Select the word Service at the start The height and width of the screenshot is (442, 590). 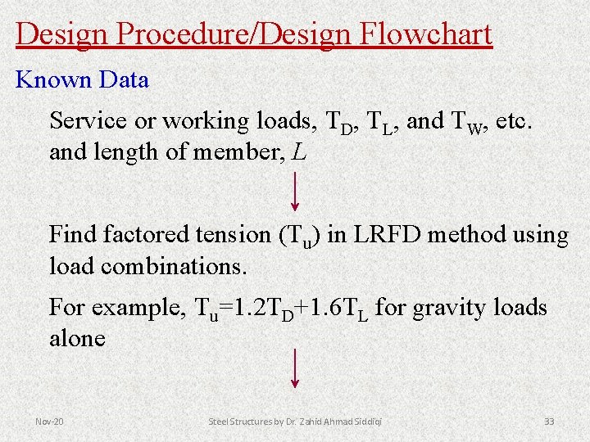(x=88, y=121)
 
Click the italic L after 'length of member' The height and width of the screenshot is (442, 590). (x=300, y=152)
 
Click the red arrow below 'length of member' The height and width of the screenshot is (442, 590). (x=295, y=192)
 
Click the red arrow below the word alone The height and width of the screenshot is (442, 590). (x=295, y=368)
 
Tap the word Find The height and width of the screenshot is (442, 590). (x=73, y=236)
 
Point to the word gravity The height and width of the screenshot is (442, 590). (x=448, y=308)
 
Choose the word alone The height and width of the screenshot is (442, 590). (x=77, y=339)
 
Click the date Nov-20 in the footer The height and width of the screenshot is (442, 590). (x=49, y=422)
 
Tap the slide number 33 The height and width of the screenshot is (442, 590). (x=549, y=422)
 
